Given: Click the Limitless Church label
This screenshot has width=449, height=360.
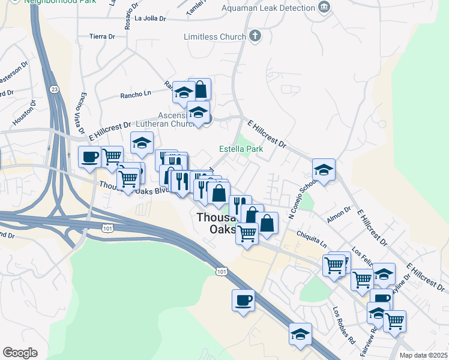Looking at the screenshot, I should pos(215,37).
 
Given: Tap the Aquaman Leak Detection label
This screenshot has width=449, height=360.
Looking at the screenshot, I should pos(268,8).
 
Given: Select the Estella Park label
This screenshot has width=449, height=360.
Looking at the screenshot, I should pos(241,149).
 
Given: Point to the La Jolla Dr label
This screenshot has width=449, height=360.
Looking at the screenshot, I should pos(150,18).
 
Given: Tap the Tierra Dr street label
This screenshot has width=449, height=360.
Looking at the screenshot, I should pos(101,37).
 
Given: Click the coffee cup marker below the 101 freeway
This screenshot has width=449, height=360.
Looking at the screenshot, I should pos(243,299).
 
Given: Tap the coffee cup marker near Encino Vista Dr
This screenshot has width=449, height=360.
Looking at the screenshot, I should pos(89,157).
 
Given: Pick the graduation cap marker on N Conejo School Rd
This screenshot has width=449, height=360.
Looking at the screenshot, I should pos(324,170).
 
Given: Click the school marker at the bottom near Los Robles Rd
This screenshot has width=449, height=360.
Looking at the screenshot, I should pos(300,334).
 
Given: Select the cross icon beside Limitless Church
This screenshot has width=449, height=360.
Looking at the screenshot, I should pos(255,37).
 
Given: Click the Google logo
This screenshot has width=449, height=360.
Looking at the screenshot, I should pos(20,353).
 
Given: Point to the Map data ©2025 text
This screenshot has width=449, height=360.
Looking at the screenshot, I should pos(423,355).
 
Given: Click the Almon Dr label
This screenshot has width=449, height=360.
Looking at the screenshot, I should pos(339,212).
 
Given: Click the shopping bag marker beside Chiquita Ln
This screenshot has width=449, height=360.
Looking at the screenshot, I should pos(268,223).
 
